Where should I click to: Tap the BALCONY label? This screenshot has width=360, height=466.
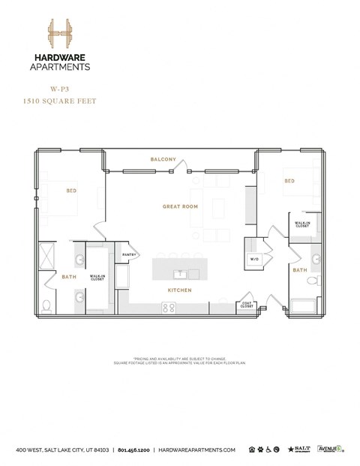pyautogui.click(x=163, y=159)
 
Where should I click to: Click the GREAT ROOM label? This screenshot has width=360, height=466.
pyautogui.click(x=179, y=206)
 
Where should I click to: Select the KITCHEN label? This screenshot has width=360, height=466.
pyautogui.click(x=180, y=290)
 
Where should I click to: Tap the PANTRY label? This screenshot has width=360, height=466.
pyautogui.click(x=127, y=254)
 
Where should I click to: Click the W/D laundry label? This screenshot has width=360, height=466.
pyautogui.click(x=253, y=260)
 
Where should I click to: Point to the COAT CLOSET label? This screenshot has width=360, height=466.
pyautogui.click(x=247, y=305)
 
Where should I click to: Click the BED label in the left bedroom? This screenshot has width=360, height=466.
pyautogui.click(x=71, y=191)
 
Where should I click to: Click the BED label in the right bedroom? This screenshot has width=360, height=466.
pyautogui.click(x=289, y=181)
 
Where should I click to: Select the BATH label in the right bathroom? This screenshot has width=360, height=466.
pyautogui.click(x=300, y=270)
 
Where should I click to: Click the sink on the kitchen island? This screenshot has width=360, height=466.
pyautogui.click(x=180, y=272)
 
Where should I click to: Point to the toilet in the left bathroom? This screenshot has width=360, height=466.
pyautogui.click(x=47, y=305)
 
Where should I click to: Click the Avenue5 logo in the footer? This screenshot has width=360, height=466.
pyautogui.click(x=329, y=449)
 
